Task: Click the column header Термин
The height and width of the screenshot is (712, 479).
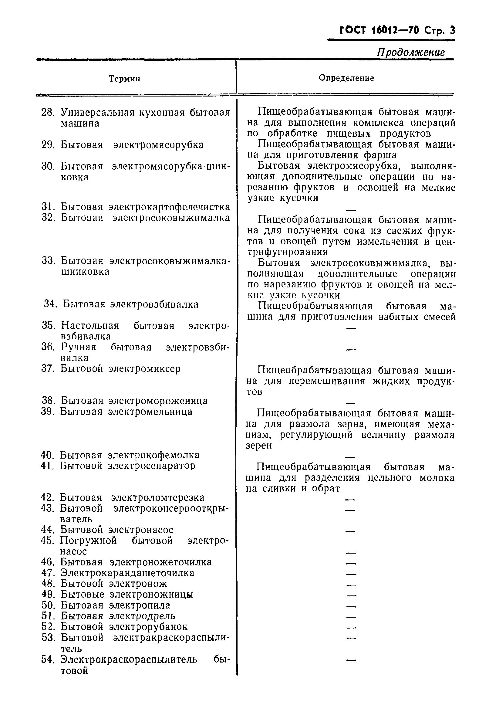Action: (x=125, y=79)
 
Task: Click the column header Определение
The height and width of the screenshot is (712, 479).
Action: (x=346, y=78)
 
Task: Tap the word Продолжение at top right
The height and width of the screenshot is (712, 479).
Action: (x=410, y=52)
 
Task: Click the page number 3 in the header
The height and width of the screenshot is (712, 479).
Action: (x=452, y=31)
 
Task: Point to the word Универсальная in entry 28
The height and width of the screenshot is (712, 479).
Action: (x=98, y=113)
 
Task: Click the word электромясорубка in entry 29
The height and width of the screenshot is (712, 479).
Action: (x=158, y=144)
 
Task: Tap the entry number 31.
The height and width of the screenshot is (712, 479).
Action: (x=48, y=207)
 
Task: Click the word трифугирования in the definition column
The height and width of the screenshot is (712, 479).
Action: (x=288, y=252)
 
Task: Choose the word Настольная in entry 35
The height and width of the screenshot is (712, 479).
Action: (x=90, y=325)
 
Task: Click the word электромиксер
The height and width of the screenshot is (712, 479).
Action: (x=144, y=368)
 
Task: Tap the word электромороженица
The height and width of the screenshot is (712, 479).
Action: (x=158, y=401)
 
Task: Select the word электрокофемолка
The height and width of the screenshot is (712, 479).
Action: (x=154, y=455)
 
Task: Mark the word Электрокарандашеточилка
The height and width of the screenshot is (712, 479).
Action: (x=127, y=573)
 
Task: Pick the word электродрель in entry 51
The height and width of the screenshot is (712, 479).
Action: (x=142, y=616)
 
